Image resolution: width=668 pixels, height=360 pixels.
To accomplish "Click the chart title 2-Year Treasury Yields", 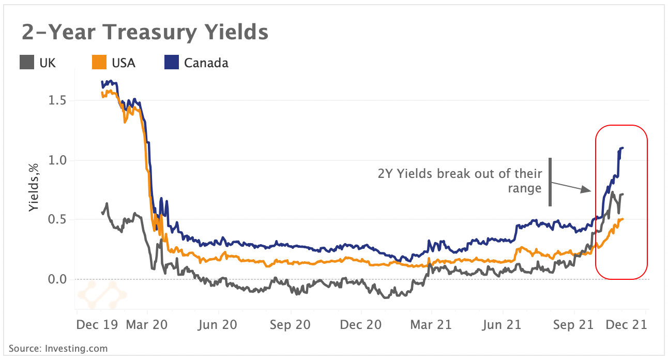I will (x=145, y=32).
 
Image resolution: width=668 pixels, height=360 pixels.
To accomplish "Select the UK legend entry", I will (x=47, y=63).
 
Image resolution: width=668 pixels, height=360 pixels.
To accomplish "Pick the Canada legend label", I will (x=206, y=63).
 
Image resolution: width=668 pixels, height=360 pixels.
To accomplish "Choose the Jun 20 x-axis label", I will (x=218, y=325).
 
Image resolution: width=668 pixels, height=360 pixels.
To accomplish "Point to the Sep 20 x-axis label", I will (x=291, y=325).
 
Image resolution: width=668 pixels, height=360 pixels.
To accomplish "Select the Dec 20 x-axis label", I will (x=361, y=325).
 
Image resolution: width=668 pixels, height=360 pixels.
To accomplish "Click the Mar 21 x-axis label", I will (x=431, y=325).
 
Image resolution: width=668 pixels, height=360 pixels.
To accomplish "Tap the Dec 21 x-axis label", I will (x=626, y=325).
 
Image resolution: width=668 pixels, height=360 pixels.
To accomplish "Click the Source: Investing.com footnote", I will (x=58, y=349).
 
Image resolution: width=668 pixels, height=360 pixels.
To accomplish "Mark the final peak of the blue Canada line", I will (x=621, y=148).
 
